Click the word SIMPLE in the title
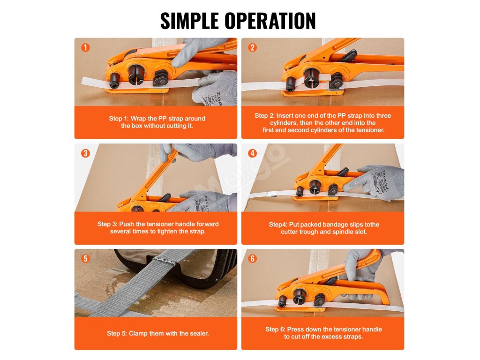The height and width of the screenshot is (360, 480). (x=190, y=21)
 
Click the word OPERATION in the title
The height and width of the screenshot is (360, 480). (x=270, y=21)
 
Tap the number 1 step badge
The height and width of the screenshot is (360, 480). (x=85, y=47)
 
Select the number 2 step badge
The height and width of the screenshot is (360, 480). (x=252, y=47)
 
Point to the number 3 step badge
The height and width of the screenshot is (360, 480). (x=85, y=153)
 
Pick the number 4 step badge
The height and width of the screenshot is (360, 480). (x=252, y=153)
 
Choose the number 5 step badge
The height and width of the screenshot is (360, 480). (x=85, y=259)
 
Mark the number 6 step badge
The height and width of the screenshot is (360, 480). (x=252, y=259)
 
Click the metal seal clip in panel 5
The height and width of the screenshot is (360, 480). (x=165, y=261)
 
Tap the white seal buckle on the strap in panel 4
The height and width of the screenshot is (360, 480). (x=272, y=194)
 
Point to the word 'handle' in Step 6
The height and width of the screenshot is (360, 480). (x=372, y=330)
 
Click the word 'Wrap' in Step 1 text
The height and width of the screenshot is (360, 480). (x=138, y=119)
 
